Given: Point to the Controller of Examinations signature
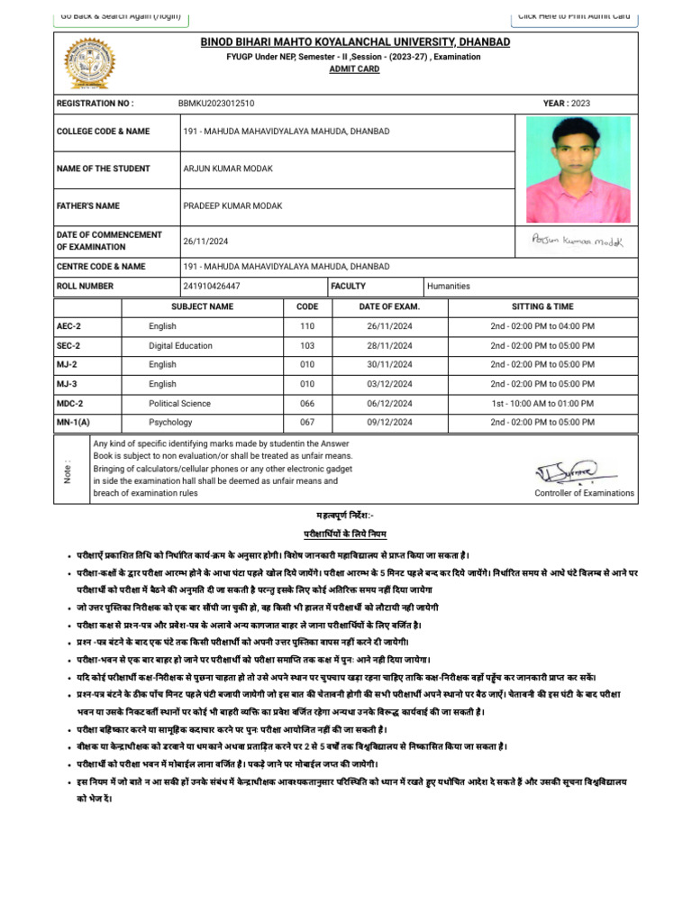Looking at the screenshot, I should click(577, 471).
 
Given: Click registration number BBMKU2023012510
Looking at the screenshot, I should click(215, 104).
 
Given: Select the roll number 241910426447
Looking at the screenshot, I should click(212, 287).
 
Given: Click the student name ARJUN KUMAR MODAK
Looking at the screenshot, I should click(228, 169).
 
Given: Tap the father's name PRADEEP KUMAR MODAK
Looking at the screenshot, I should click(232, 206).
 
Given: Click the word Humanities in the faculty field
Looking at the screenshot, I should click(449, 287).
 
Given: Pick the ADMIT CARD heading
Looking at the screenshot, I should click(341, 69).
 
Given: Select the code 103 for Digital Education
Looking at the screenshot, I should click(307, 345).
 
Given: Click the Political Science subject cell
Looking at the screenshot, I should click(179, 403).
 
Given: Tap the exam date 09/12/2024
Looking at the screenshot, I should click(389, 422).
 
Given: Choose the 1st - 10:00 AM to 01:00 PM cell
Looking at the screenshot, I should click(542, 403).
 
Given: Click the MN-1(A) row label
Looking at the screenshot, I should click(73, 422).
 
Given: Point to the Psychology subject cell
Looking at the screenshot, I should click(170, 422).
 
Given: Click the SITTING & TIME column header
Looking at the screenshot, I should click(542, 306).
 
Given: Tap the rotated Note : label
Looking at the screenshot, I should click(68, 470).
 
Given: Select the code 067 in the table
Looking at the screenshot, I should click(307, 422).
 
